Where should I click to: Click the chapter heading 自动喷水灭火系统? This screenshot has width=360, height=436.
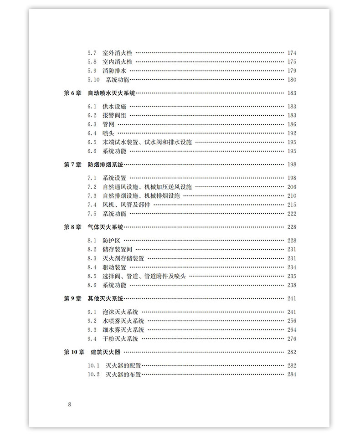coord(112,93)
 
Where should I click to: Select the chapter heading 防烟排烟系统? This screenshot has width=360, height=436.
coord(106,164)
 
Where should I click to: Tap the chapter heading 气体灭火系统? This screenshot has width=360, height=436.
coord(106,227)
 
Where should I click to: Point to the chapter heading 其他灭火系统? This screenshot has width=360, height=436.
coord(106,298)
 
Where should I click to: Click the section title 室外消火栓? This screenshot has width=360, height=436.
coord(118,53)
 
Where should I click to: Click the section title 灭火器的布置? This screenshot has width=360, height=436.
coord(123,374)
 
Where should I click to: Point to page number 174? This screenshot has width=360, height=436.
coord(292,53)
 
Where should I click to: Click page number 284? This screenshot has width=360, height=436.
coord(292,374)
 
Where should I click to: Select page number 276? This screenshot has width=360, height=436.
coord(292,339)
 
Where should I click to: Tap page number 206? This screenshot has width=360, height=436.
coord(292,187)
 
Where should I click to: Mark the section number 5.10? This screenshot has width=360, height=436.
coord(93,80)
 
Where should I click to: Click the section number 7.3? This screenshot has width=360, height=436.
coord(92,195)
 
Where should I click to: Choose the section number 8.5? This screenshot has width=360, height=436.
coord(92,276)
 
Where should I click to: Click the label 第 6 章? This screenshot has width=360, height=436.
coord(72,93)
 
